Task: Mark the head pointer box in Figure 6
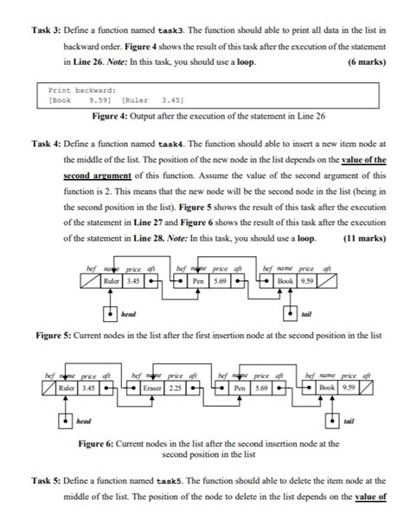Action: point(65,421)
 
